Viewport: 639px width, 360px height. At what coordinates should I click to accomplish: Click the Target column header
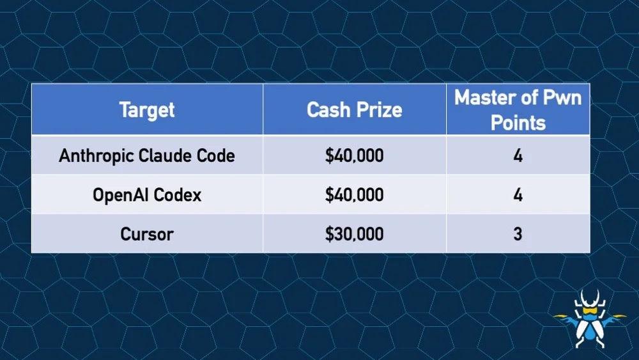click(x=147, y=110)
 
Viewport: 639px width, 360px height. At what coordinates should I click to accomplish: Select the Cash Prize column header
click(x=354, y=110)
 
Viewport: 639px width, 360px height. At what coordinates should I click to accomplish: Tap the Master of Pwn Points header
click(x=518, y=110)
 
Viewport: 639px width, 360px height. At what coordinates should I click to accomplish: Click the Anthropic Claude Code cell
click(x=147, y=155)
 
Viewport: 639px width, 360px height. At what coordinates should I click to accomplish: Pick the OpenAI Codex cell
click(x=147, y=194)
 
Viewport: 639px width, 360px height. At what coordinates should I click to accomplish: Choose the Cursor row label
click(x=147, y=233)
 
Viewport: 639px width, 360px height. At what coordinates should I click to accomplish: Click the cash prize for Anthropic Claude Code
click(x=354, y=155)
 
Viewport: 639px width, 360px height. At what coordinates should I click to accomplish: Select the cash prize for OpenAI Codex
click(x=354, y=194)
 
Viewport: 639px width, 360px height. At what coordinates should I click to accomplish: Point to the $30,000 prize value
click(x=354, y=233)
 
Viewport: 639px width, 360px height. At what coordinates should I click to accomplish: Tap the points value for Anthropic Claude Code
click(x=518, y=155)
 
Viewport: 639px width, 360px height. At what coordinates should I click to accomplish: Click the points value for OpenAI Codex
click(x=518, y=194)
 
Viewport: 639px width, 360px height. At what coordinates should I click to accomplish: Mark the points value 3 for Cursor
click(x=518, y=233)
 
